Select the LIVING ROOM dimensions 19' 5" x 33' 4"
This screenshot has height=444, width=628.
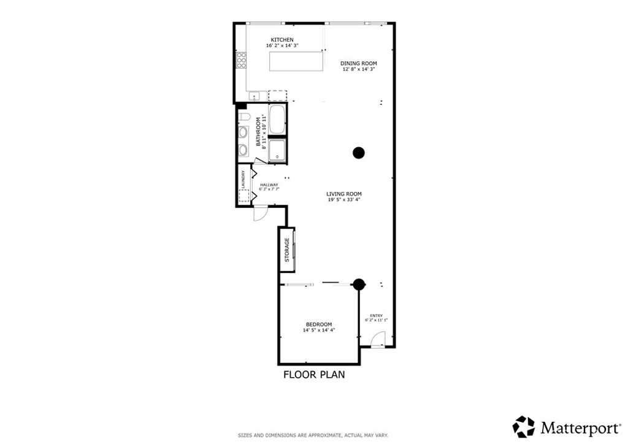tap(343, 199)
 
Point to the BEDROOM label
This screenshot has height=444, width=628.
tap(319, 324)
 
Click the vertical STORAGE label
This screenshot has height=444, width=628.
tap(287, 250)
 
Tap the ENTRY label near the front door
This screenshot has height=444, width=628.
tap(376, 315)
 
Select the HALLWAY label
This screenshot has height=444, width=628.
tap(269, 185)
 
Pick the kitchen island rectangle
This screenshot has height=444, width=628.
tap(296, 61)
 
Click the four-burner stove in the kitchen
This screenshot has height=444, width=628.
tap(242, 60)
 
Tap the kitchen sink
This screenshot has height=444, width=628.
tap(255, 96)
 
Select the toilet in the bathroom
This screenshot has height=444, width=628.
tap(243, 117)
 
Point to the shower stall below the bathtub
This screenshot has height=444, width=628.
tap(277, 151)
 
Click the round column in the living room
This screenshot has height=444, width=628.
tap(359, 153)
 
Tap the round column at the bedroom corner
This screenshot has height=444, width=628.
tap(359, 284)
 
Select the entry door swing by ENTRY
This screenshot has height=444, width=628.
tap(378, 340)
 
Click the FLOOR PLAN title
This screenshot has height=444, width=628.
tap(313, 374)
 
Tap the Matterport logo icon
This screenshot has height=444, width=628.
tap(524, 426)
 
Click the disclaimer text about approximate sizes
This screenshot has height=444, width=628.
tap(313, 435)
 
